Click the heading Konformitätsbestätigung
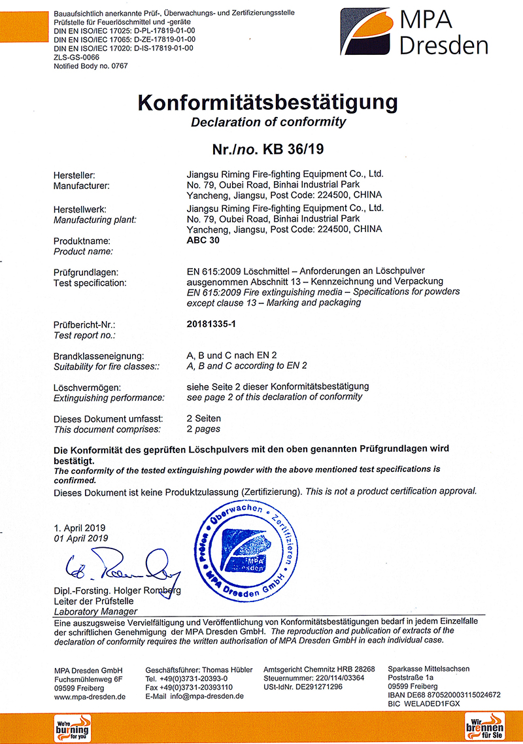(x=267, y=102)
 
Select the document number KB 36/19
(x=293, y=149)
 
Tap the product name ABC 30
(x=203, y=240)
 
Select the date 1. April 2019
(x=80, y=528)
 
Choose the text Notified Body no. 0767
(x=90, y=66)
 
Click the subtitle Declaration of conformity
(x=268, y=122)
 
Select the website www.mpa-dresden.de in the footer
(x=90, y=696)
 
